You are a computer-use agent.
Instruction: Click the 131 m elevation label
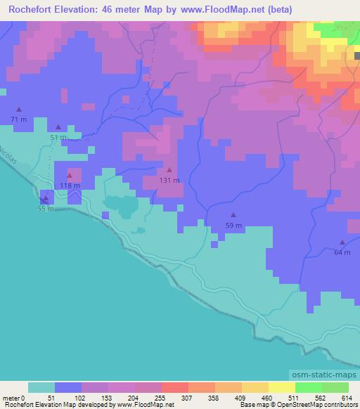pos(169,180)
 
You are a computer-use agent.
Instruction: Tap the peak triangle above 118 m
pos(70,175)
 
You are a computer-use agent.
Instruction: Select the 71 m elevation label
pos(19,119)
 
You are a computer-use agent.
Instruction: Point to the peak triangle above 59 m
pos(233,215)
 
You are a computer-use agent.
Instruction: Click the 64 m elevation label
pos(342,252)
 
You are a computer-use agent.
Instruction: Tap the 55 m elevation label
pos(45,209)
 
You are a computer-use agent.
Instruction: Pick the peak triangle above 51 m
pos(58,127)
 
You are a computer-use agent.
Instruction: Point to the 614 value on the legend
pos(346,398)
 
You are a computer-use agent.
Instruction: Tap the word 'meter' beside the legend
pos(11,398)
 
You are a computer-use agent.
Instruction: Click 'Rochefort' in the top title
pos(29,9)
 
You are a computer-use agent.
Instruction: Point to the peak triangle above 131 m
pos(169,170)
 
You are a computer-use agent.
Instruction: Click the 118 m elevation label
pos(70,186)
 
